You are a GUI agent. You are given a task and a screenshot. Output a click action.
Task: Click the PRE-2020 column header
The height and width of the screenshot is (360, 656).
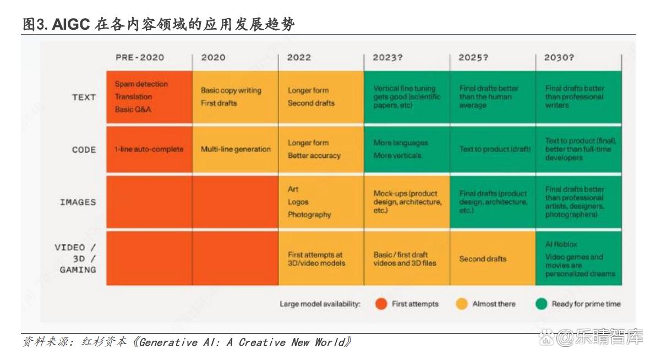(140, 57)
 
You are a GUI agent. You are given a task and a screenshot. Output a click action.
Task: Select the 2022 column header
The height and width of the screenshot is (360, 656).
(299, 57)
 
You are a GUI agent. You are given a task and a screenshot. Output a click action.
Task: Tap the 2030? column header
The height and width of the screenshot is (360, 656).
(559, 57)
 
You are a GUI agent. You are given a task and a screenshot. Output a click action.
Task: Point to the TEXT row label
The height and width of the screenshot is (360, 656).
(84, 97)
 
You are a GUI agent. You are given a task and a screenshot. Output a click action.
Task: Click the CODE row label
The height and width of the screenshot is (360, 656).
(84, 149)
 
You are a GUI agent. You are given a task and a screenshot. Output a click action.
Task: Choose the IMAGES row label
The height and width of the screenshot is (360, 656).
(78, 202)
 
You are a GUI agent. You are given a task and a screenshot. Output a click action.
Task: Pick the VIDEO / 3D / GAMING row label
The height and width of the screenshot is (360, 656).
(76, 259)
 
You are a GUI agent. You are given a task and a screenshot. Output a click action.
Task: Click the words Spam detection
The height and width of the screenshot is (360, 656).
(141, 84)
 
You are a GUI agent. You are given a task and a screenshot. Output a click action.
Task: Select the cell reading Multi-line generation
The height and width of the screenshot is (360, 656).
(236, 149)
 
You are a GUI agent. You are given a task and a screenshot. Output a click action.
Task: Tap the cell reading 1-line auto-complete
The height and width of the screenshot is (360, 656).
(149, 149)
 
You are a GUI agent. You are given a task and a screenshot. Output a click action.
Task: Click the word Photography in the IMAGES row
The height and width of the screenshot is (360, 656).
(309, 215)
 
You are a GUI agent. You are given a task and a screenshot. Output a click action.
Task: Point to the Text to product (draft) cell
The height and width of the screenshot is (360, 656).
(495, 149)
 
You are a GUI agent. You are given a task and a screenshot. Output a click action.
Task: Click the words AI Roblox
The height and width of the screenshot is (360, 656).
(561, 244)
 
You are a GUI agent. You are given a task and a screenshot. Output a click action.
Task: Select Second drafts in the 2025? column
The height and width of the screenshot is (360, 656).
(483, 259)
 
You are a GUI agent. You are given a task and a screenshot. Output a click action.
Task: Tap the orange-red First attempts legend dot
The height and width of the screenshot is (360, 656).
(381, 304)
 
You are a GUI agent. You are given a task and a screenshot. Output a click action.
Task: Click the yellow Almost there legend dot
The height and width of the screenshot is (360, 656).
(462, 304)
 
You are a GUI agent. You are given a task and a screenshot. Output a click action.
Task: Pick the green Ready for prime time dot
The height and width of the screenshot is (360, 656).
(542, 304)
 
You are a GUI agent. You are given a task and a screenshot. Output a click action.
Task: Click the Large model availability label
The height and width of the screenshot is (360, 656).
(320, 304)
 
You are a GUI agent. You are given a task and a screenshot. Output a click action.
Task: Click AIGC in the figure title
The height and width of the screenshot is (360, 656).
(71, 24)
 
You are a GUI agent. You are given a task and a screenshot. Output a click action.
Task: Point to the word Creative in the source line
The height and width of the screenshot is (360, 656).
(262, 342)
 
